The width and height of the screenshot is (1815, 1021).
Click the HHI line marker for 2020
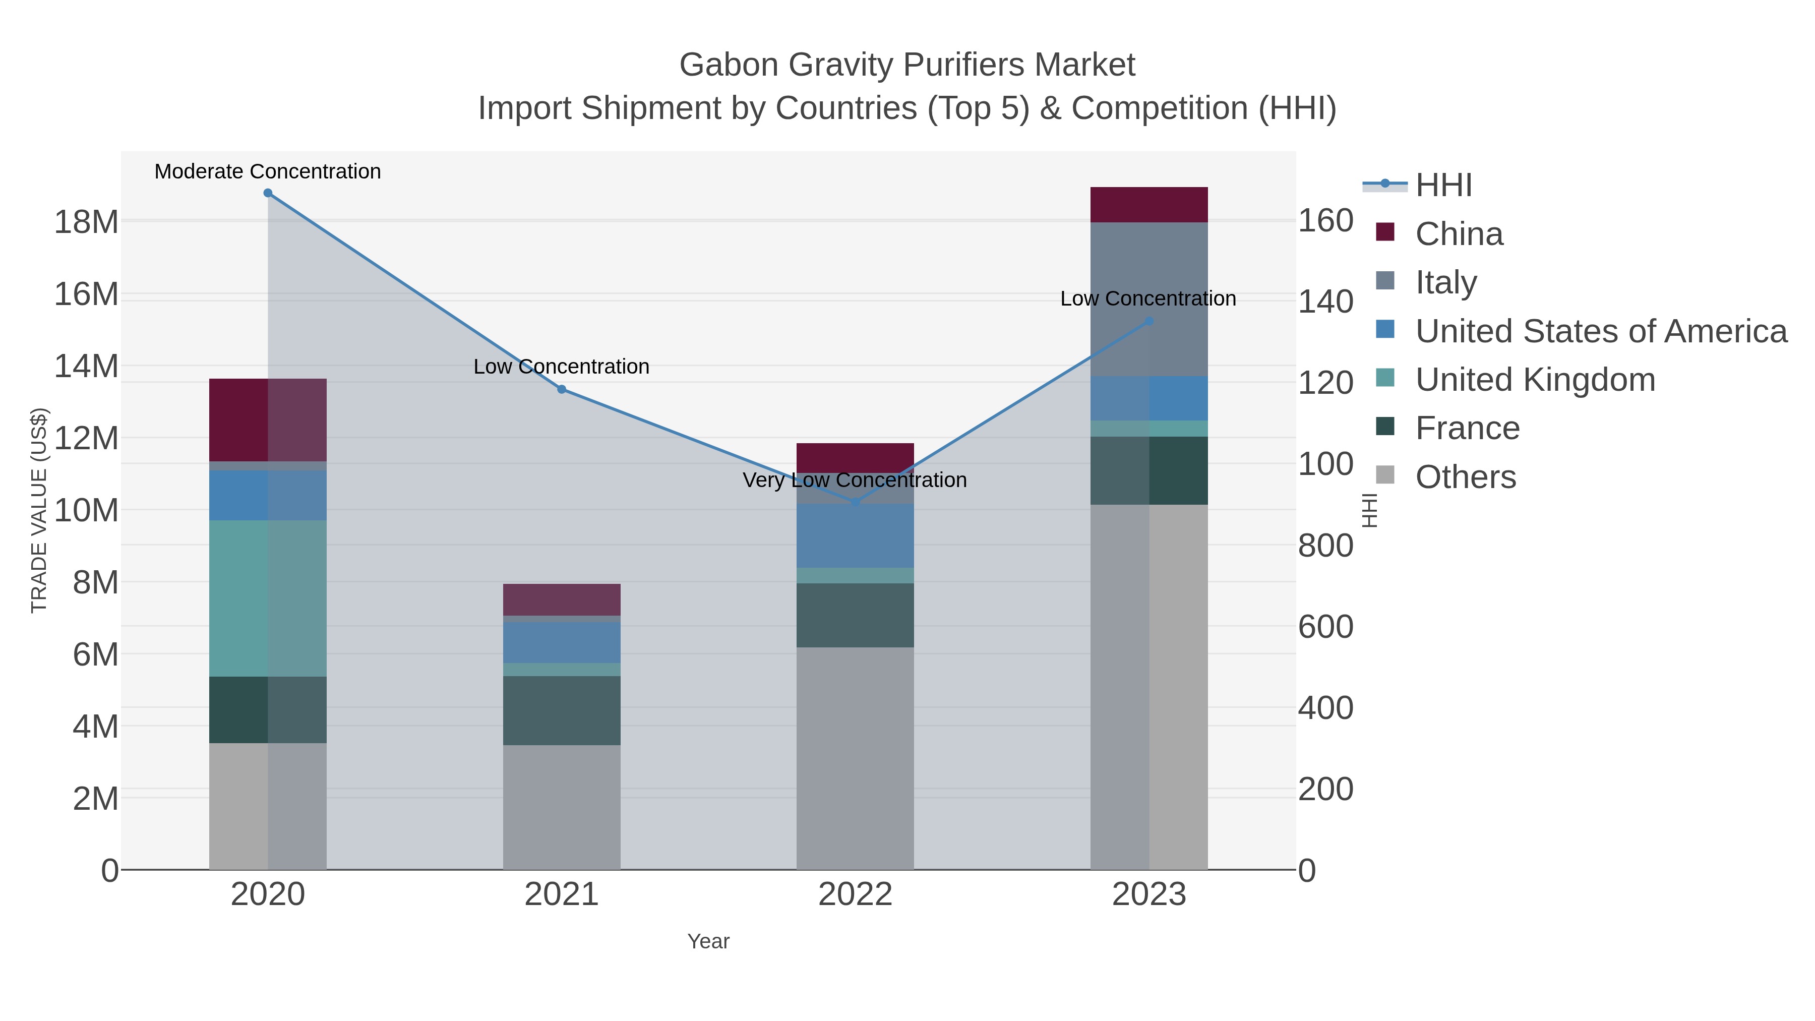point(268,193)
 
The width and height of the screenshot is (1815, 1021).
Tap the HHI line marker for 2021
point(562,389)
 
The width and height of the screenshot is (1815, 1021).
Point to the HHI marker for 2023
point(1149,321)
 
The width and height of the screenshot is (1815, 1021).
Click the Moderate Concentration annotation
point(268,171)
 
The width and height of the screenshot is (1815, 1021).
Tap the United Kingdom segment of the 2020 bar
point(268,599)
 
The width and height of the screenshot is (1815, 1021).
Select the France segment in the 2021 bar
point(562,710)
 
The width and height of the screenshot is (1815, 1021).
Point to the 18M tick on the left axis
point(86,222)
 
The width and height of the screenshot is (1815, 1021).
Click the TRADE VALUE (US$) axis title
point(39,510)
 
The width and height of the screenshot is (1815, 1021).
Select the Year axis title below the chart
point(708,941)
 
